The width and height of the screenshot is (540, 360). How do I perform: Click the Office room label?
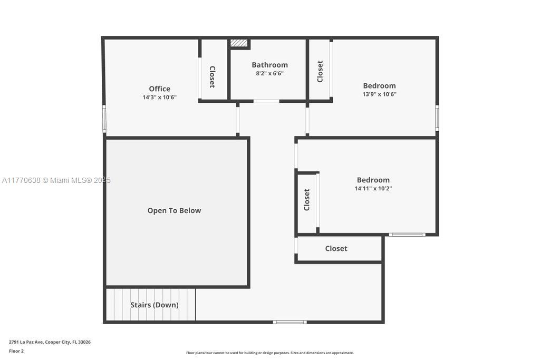coord(159,89)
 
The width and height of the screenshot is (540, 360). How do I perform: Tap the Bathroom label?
coord(269,65)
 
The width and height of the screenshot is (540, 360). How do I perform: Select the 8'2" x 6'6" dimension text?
coord(269,73)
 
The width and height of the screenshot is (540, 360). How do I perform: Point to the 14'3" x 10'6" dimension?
coord(159,98)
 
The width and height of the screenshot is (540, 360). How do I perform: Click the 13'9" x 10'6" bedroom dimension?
coord(379,94)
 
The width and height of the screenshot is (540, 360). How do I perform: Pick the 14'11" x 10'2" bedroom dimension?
coord(373,188)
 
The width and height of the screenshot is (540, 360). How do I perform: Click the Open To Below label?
coord(174,211)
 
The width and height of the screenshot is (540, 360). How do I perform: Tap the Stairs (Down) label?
coord(155,305)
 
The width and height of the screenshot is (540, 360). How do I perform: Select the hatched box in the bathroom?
coord(239,43)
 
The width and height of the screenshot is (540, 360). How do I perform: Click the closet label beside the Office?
coord(213,77)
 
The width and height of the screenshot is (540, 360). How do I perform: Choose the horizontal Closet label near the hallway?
coord(336,248)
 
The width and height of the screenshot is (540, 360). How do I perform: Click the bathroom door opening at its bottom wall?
coord(266,101)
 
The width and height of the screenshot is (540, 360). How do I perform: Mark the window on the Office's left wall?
coord(104,119)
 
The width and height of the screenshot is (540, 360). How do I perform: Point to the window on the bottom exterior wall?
coord(290,322)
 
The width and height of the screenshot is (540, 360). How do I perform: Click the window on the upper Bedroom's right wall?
coord(437,118)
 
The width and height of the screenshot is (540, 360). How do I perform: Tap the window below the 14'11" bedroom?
coord(407,235)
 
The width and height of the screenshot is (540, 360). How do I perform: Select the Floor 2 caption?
coord(16,351)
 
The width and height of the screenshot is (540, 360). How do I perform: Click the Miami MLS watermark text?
coord(56,180)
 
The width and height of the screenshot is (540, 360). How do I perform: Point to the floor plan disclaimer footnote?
coord(269,353)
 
